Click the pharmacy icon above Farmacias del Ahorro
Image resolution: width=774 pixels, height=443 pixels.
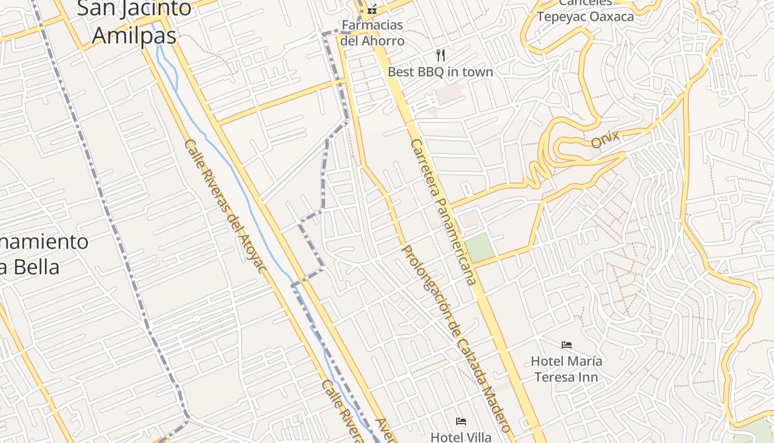pyautogui.click(x=372, y=9)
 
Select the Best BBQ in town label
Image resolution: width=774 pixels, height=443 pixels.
pyautogui.click(x=440, y=72)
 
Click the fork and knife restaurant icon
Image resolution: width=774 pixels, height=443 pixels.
pyautogui.click(x=441, y=55)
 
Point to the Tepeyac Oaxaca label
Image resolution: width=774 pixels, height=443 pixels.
pyautogui.click(x=585, y=16)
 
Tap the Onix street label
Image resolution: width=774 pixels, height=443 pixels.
pyautogui.click(x=605, y=140)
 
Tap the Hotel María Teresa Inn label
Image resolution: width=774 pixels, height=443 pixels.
pyautogui.click(x=566, y=369)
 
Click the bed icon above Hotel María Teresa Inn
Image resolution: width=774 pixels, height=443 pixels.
pyautogui.click(x=567, y=345)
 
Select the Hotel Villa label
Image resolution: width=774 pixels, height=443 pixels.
pyautogui.click(x=461, y=437)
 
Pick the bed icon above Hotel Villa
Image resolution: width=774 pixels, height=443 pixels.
pyautogui.click(x=461, y=421)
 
